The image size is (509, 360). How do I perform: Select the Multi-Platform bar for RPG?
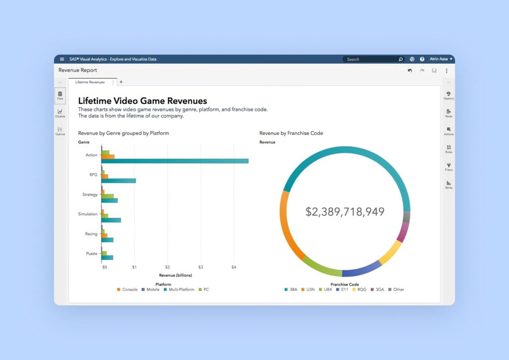(119, 180)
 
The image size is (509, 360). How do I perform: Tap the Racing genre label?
(91, 234)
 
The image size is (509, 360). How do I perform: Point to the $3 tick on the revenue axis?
(200, 267)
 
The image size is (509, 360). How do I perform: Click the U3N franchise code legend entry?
(309, 289)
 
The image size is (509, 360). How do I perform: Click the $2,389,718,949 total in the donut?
(345, 212)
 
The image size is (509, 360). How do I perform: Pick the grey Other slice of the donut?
(407, 217)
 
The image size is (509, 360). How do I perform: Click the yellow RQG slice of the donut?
(390, 253)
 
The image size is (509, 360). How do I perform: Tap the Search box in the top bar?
(373, 59)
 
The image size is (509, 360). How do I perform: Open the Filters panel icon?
(448, 167)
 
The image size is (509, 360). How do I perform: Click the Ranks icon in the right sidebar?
(448, 184)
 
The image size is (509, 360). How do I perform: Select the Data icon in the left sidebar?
(60, 95)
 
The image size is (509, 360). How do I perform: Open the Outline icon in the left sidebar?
(60, 131)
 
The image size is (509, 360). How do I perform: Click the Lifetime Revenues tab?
(90, 82)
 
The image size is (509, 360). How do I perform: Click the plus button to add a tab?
(121, 82)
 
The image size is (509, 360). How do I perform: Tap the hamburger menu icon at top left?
(62, 59)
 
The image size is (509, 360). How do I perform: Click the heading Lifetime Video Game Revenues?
(143, 101)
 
